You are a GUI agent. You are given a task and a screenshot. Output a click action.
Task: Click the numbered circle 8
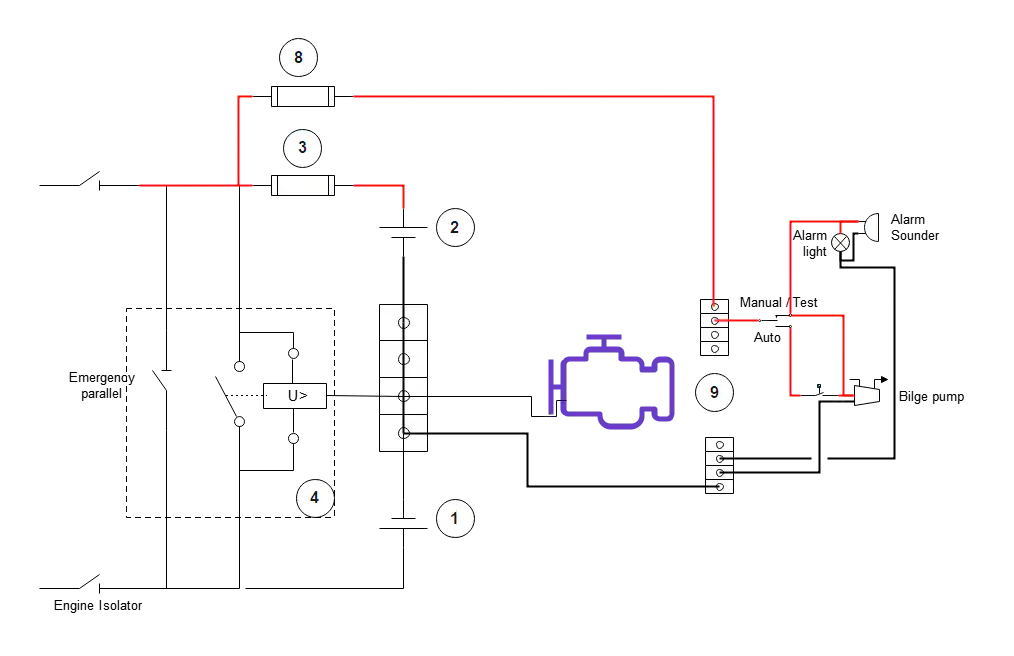pos(298,58)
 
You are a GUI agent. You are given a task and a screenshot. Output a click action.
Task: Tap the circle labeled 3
pos(302,148)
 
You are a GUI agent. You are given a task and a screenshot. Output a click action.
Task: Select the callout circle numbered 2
pos(454,227)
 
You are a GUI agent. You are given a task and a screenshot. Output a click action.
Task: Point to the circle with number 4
pos(314,497)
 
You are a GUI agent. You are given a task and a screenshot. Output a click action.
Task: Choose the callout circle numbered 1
pos(455,518)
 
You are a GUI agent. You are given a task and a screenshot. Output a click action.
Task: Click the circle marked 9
pos(714,392)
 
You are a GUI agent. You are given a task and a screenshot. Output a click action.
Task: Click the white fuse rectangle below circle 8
pos(304,97)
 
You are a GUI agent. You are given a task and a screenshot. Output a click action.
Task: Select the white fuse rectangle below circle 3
pos(303,186)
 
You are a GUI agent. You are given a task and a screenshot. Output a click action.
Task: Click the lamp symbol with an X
pos(841,243)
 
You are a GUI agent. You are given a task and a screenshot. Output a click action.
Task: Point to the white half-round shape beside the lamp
pos(872,227)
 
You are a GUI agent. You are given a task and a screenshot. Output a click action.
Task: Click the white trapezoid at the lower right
pos(867,395)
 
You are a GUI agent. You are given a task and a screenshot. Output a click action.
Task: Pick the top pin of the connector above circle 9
pos(714,307)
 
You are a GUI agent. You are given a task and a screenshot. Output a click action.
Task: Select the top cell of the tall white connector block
pos(404,323)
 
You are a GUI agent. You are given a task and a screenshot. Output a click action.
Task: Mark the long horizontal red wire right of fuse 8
pos(530,97)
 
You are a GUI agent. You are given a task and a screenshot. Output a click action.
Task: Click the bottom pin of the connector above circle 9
pos(714,349)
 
